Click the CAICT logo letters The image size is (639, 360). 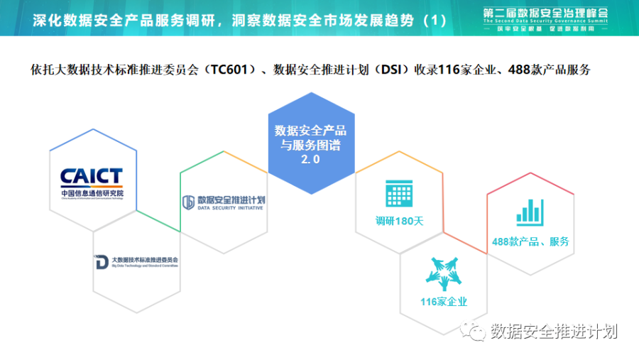(x=92, y=175)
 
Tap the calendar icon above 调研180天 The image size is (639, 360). (x=400, y=192)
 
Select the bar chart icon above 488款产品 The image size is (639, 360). (x=530, y=207)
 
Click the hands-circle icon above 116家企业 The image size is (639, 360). (x=444, y=273)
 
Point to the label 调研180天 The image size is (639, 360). (x=399, y=221)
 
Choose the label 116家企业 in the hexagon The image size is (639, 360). (x=444, y=302)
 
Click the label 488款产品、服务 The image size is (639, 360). (x=530, y=241)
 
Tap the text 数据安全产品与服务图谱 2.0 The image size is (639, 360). (x=311, y=145)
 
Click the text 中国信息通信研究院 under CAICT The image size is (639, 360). (x=92, y=192)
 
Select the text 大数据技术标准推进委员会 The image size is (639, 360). (x=145, y=260)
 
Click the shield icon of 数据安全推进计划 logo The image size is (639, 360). (x=188, y=202)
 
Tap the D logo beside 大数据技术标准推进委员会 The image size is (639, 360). (x=101, y=261)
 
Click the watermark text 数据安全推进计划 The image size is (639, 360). (x=554, y=332)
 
